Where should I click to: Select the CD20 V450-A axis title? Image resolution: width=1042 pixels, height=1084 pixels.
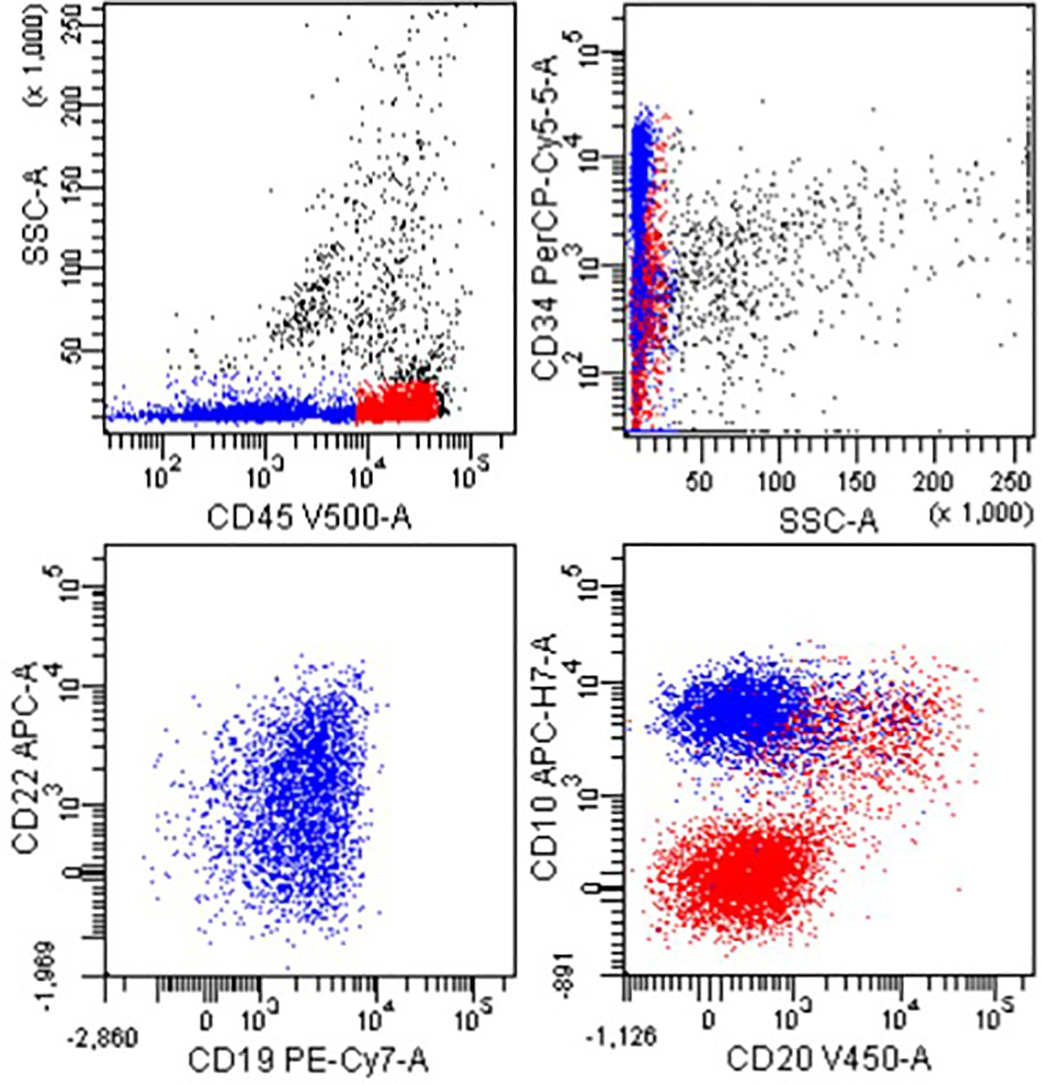point(828,1059)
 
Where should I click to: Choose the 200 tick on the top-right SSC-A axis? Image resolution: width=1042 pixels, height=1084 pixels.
point(932,483)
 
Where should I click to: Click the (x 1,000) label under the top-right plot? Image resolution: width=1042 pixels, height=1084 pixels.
point(981,514)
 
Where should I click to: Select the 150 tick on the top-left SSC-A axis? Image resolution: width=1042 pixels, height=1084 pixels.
point(70,187)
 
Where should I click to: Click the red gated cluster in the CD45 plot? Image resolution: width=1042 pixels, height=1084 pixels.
point(396,402)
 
